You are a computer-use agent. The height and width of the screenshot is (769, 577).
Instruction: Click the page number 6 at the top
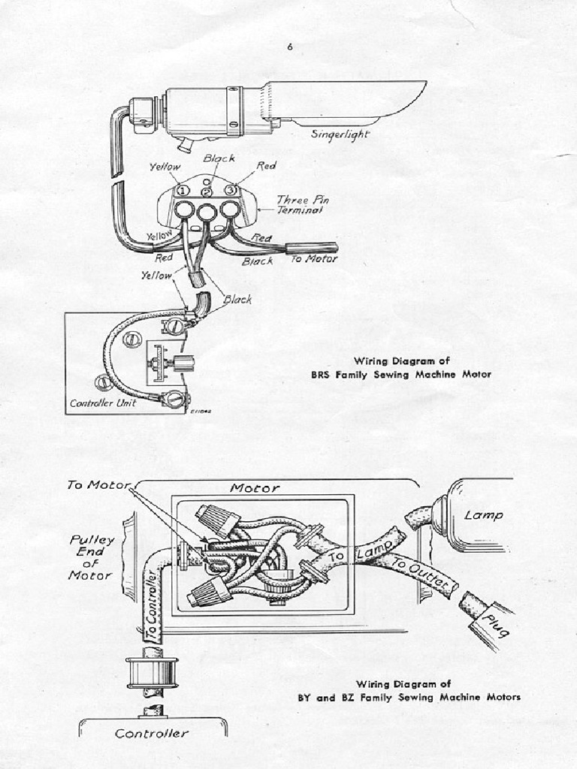tap(289, 47)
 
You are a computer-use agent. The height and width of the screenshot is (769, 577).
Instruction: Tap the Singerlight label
tap(340, 134)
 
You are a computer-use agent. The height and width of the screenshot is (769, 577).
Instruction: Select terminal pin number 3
tap(232, 191)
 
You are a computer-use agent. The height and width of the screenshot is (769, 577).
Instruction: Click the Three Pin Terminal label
tap(302, 205)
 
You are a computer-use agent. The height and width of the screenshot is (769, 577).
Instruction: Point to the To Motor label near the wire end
tap(314, 259)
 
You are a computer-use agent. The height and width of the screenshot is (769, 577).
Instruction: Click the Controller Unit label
tap(104, 403)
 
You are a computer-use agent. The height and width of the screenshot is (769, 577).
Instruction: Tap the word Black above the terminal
tap(219, 158)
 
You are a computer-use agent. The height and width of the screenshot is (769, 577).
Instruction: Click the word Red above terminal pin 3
tap(266, 166)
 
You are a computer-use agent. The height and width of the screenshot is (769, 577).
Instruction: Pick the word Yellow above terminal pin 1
tap(165, 167)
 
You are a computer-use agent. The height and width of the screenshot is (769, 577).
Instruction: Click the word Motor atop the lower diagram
tap(255, 488)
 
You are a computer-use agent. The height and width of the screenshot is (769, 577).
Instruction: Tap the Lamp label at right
tap(483, 516)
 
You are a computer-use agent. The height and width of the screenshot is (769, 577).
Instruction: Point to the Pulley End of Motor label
tap(91, 557)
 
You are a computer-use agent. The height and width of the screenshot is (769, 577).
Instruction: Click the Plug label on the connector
tap(493, 623)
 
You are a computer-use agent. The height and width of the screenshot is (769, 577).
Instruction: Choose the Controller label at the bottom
tap(152, 733)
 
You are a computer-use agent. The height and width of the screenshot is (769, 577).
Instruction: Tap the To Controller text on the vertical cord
tap(153, 605)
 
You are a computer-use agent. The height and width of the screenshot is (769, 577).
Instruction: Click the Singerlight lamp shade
tap(346, 101)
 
